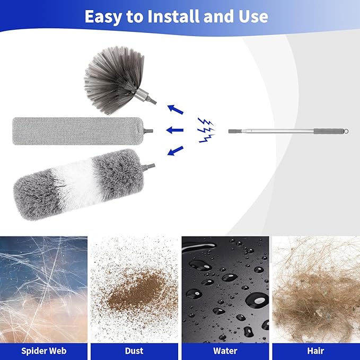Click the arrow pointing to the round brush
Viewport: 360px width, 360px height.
175,109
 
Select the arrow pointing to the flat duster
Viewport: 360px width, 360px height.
175,130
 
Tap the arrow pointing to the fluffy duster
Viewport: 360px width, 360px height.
175,151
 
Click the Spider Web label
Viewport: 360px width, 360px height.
44,350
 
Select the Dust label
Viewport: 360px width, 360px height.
134,350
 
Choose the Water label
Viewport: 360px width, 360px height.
225,350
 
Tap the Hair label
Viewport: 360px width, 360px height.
316,350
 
